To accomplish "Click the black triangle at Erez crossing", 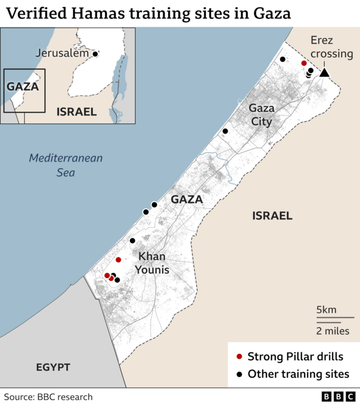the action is tap(324, 72).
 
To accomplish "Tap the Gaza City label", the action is tap(261, 115).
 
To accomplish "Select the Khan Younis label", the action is tap(152, 262).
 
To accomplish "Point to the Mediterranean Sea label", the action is tap(66, 164).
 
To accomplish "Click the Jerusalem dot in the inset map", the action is tap(95, 54).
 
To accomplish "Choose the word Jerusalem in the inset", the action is tap(62, 53).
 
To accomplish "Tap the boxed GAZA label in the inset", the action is tap(22, 87).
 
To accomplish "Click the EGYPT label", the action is tap(52, 367).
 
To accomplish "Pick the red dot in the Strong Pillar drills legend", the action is tap(239, 357).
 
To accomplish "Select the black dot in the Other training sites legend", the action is tap(239, 374).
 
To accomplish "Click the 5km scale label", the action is tap(326, 310).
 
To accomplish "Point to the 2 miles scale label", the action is tap(332, 331).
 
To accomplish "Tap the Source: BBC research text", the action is tap(48, 397).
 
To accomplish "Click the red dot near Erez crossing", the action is tap(304, 63).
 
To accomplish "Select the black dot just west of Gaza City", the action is tap(225, 132).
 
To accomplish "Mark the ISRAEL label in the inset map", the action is tap(76, 112).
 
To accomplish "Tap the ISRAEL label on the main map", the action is tap(272, 216).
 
